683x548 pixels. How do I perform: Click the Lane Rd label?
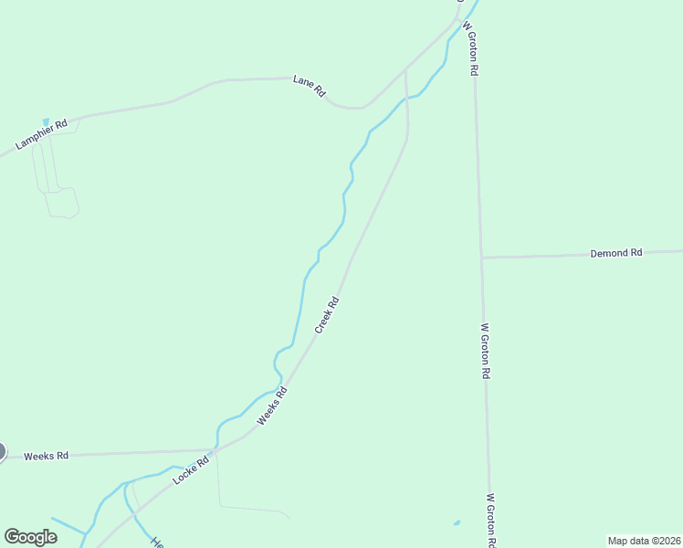tap(309, 87)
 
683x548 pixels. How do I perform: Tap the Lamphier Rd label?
tap(42, 136)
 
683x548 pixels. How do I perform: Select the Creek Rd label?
tap(327, 314)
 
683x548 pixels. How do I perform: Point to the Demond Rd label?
tap(616, 252)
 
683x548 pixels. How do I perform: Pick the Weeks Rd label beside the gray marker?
tap(46, 456)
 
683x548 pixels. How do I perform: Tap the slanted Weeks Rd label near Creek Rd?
tap(272, 406)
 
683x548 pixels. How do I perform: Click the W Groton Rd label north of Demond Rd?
tap(471, 47)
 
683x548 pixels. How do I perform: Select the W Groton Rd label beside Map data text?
tap(491, 521)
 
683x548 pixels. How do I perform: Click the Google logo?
tap(30, 537)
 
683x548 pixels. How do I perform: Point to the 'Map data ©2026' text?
tap(644, 540)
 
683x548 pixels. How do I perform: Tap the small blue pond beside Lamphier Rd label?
tap(46, 121)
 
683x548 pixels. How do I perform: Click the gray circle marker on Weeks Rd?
tap(1, 451)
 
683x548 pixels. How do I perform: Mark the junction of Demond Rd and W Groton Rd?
tap(481, 258)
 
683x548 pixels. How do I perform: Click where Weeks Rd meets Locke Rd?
tap(215, 450)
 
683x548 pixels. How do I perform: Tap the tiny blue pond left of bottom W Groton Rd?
tap(457, 523)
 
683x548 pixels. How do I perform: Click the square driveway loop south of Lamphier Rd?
tap(62, 203)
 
